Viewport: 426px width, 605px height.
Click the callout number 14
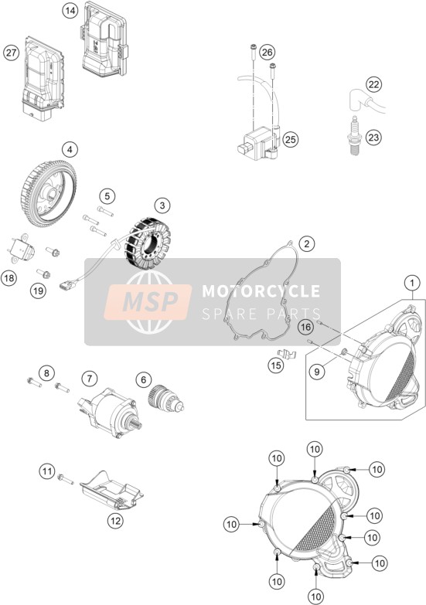tap(70, 11)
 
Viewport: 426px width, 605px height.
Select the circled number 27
tap(11, 52)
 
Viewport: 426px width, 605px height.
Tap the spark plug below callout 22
tap(354, 136)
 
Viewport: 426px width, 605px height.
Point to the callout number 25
tap(291, 139)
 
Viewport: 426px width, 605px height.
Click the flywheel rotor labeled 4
tap(48, 193)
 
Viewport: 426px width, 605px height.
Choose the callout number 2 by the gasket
tap(307, 243)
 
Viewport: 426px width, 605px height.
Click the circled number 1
tap(412, 284)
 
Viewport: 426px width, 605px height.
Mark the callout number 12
tap(115, 522)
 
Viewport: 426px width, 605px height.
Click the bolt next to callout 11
tap(66, 479)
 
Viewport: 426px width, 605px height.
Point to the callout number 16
tap(305, 328)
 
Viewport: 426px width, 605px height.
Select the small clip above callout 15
tap(287, 353)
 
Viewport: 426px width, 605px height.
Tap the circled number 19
tap(38, 291)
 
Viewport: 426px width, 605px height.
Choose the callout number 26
tap(268, 52)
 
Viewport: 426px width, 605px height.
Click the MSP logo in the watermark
tap(148, 302)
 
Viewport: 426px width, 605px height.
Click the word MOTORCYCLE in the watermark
tap(261, 291)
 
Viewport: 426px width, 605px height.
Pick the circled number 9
tap(317, 372)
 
